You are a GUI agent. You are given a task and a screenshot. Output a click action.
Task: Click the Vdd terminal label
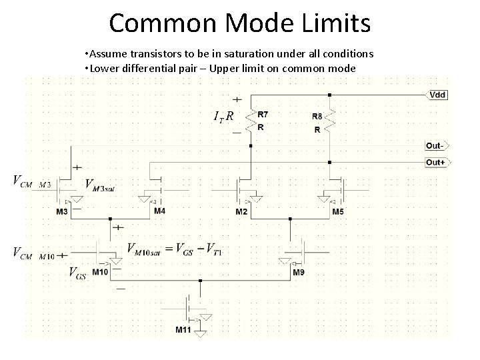(438, 95)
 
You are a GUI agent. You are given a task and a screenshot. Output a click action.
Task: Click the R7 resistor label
(263, 114)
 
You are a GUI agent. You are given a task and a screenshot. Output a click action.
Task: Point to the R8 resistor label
(317, 116)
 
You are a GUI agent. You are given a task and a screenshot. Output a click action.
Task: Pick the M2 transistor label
(241, 212)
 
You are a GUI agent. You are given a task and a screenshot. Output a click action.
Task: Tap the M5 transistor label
(339, 212)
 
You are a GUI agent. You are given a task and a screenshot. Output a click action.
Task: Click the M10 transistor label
(101, 272)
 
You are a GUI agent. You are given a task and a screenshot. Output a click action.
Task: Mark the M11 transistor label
(183, 330)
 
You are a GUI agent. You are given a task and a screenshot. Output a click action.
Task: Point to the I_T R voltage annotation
(223, 117)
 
